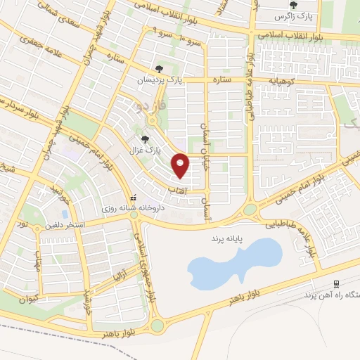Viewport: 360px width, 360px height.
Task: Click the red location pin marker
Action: coord(181,166)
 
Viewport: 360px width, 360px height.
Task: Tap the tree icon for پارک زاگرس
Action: coord(293,6)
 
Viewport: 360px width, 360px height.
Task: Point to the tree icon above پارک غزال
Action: coord(146,139)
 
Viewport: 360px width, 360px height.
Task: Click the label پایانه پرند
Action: coord(225,240)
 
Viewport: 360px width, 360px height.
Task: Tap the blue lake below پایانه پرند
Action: coord(232,264)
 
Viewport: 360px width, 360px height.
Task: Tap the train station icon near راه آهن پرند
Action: coord(337,284)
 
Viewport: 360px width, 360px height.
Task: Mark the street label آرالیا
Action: coord(122,269)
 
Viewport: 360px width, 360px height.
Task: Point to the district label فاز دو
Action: coord(153,107)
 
